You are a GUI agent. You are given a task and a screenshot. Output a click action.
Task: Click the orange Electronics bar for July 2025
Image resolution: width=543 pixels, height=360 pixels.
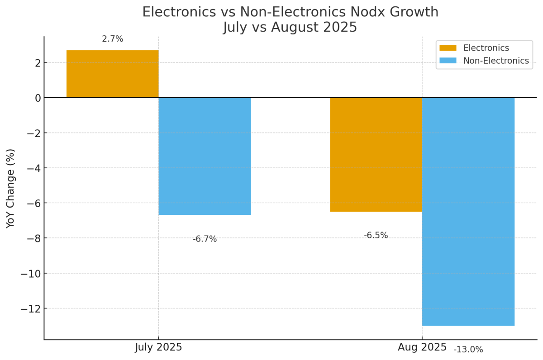(x=113, y=74)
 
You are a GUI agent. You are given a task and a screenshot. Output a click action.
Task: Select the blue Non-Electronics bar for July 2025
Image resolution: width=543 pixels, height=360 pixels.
(x=205, y=156)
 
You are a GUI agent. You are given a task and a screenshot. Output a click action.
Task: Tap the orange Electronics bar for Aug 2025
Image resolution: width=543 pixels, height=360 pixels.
(x=376, y=154)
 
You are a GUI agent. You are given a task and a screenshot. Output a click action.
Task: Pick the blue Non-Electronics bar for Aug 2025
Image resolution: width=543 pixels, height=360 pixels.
(x=468, y=211)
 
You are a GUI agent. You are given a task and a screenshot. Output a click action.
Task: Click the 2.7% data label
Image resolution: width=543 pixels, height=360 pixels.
(x=113, y=39)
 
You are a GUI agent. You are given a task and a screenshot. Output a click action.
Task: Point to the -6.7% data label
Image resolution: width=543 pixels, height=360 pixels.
(x=205, y=239)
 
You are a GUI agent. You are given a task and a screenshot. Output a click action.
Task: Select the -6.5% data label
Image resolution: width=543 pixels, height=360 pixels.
(x=376, y=236)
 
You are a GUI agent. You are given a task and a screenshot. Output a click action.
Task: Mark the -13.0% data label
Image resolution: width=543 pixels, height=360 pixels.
(x=468, y=350)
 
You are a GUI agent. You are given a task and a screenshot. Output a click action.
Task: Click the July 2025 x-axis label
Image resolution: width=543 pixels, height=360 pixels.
(x=158, y=347)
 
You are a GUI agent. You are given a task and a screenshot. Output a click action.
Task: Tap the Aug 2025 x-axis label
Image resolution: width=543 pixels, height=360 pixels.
(x=422, y=347)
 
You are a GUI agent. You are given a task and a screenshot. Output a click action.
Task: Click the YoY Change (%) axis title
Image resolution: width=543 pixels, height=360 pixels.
(x=11, y=188)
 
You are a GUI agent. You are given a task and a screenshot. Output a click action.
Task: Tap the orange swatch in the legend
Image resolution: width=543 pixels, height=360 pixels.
(x=448, y=48)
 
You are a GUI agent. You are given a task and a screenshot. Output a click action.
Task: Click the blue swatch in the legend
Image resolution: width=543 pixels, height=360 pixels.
(x=448, y=61)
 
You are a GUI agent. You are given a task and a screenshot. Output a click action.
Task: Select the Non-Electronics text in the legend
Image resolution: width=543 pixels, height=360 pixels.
(x=496, y=61)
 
